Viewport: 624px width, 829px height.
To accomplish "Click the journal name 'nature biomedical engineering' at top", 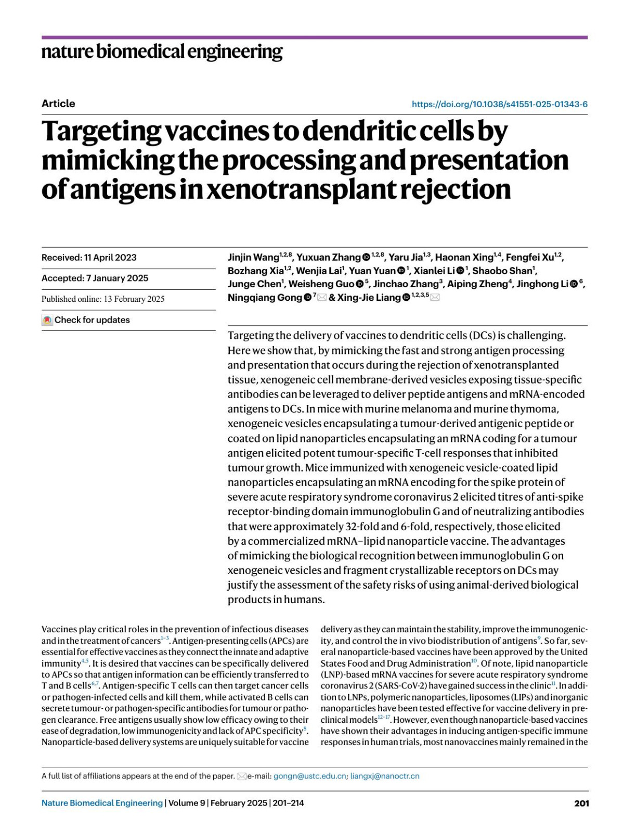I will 162,52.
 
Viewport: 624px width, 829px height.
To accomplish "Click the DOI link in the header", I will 499,104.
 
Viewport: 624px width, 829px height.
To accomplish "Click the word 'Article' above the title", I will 58,104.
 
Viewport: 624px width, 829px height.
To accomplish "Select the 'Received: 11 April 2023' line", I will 89,258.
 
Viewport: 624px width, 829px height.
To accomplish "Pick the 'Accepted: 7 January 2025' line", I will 95,278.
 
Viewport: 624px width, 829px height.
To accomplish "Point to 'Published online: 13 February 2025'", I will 103,299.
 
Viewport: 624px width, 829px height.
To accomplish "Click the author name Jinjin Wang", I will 253,258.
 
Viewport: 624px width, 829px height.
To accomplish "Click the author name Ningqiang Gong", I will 265,298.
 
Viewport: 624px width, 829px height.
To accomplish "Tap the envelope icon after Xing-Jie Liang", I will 435,298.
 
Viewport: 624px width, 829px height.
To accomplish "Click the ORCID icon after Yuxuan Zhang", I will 366,257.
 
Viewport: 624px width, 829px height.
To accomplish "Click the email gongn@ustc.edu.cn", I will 309,776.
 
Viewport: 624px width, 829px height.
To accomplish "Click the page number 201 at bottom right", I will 581,803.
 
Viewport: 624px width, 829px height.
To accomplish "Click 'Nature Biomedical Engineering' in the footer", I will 102,803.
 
